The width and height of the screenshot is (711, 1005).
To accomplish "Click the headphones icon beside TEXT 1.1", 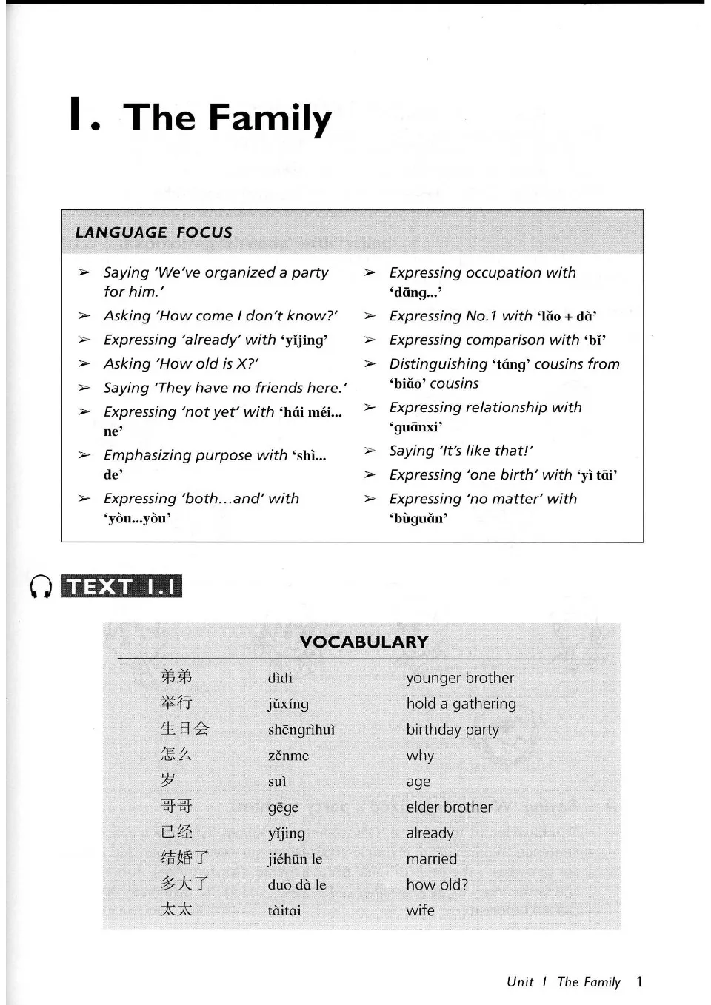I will coord(41,586).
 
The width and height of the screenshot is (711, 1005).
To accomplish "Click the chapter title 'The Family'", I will coord(227,118).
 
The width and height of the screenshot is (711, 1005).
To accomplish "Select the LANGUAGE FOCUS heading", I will coord(154,232).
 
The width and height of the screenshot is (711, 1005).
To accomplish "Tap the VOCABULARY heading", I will coord(364,642).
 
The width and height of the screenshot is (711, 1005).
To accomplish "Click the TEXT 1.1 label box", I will coord(122,586).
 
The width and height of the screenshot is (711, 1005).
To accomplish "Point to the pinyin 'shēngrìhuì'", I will coord(301,730).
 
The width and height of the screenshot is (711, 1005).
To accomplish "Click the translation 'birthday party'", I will coord(453,730).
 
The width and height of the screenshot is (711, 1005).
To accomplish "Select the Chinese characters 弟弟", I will coord(176,676).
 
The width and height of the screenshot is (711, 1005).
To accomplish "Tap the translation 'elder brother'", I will coord(449,807).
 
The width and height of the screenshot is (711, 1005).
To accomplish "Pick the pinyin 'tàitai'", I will coord(284,911).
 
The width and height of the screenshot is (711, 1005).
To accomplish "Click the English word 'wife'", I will coord(420,911).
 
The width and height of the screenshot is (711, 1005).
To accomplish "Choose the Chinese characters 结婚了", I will coord(184,858).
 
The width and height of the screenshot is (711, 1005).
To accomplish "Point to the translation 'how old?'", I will coord(437,885).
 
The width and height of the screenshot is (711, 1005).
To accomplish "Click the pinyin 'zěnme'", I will coord(288,756).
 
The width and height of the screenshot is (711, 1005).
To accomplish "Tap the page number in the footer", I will coord(639,982).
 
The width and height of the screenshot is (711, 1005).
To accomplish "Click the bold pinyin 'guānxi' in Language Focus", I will coord(416,427).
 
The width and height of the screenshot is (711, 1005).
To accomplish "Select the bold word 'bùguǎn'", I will coord(418,518).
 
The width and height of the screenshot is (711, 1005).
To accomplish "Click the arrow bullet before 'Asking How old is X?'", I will coord(84,364).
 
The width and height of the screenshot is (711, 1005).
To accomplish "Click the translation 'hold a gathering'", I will coord(461,704).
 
